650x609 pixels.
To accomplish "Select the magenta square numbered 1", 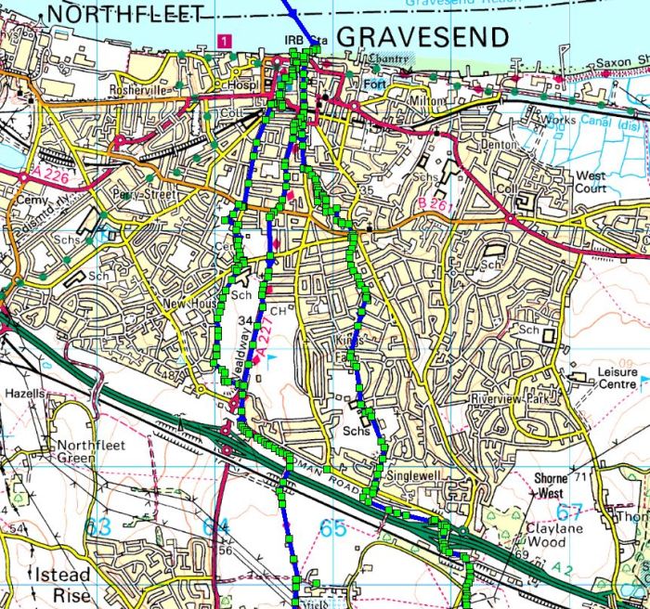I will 223,40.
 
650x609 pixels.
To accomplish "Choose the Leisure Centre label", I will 610,378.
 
